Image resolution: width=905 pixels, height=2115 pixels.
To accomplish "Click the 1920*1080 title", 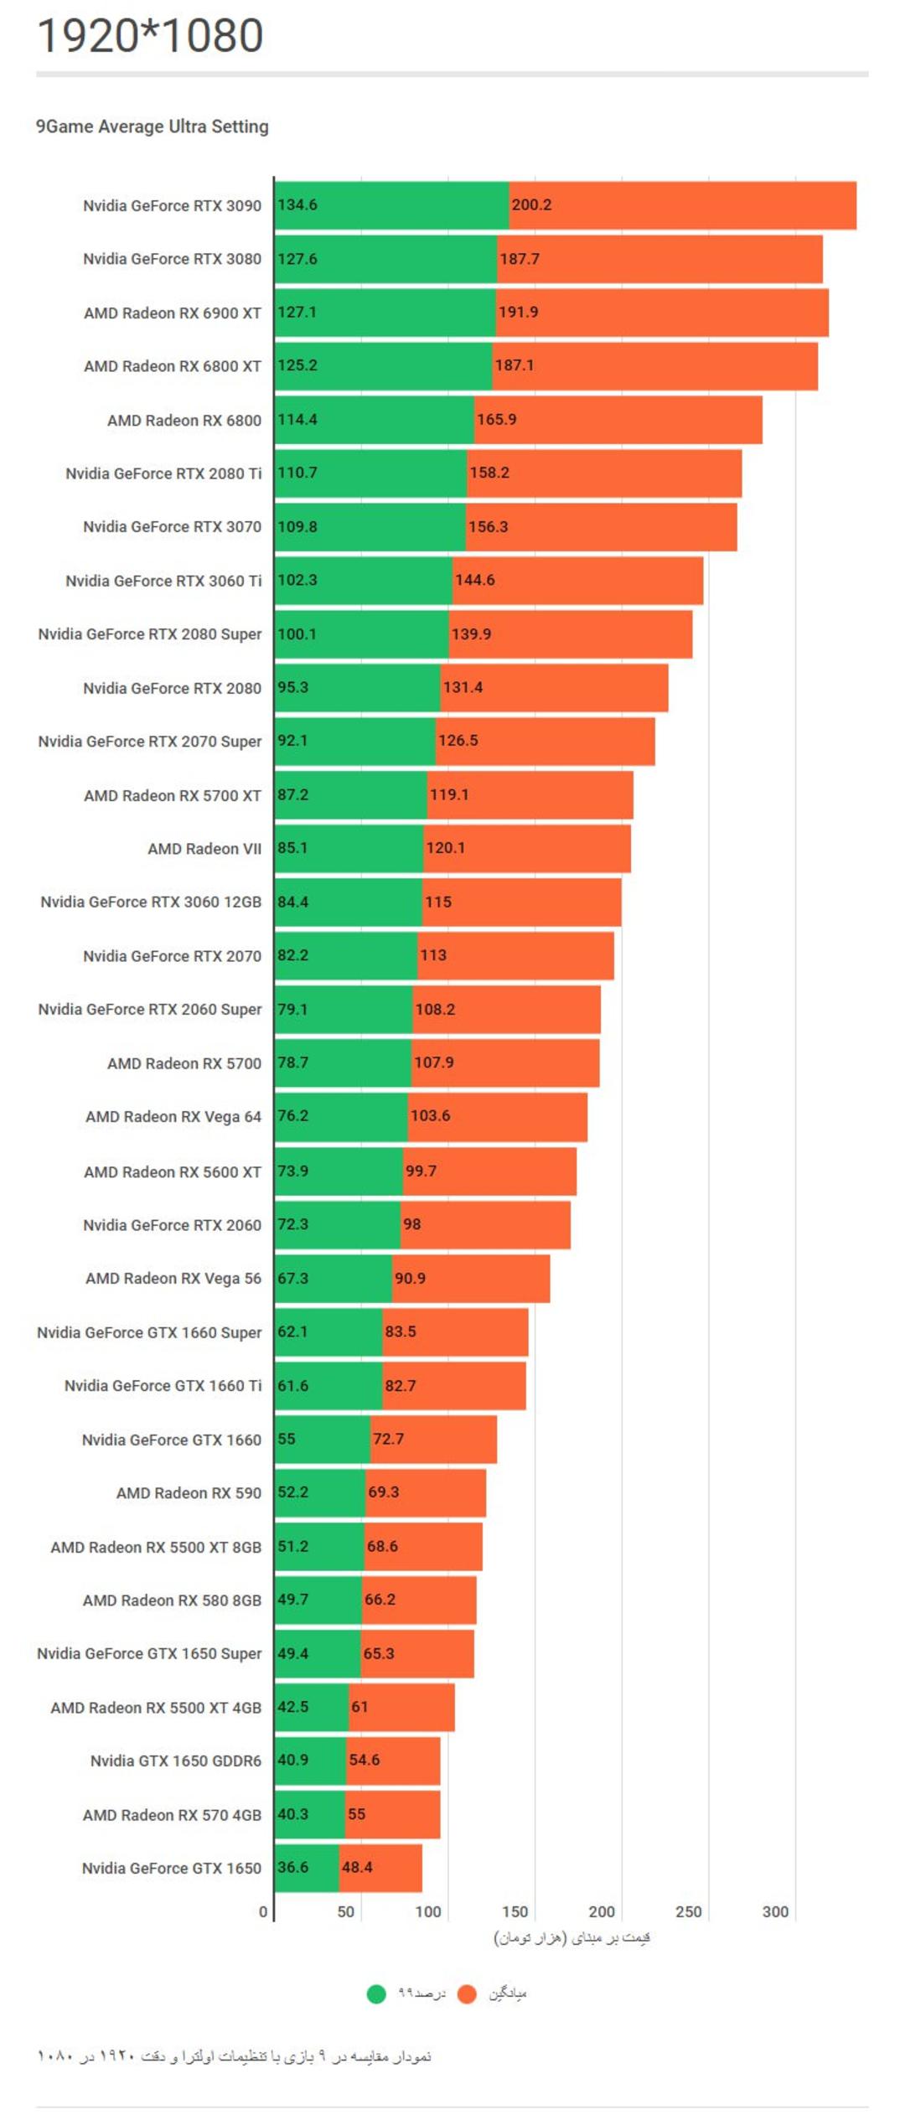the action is point(151,35).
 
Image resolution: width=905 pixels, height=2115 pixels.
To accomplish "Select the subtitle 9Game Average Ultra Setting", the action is point(153,127).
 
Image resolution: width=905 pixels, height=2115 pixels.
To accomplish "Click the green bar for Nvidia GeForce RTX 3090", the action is point(392,205).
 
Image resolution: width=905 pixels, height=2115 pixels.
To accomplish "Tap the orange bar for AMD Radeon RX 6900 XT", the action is point(662,313).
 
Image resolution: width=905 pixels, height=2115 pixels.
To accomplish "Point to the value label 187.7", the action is point(520,259).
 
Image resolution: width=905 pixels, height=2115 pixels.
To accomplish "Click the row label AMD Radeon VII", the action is point(204,849).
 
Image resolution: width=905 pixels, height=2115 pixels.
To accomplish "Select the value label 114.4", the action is point(297,420).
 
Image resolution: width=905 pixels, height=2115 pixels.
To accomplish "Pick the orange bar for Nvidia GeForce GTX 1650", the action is point(380,1868).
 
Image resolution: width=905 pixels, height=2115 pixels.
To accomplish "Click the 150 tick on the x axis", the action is point(515,1911).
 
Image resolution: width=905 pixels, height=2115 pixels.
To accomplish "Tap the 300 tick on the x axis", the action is point(775,1911).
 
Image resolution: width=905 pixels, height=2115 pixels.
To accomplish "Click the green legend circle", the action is point(376,1994).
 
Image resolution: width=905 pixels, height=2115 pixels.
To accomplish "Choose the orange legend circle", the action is point(467,1994).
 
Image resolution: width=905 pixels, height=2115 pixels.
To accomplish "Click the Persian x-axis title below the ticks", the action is point(572,1938).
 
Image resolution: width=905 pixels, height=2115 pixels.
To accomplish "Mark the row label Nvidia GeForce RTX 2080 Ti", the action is point(163,473).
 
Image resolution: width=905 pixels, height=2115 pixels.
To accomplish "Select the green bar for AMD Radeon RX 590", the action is point(320,1492).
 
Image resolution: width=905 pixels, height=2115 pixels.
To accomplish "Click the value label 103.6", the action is point(430,1116).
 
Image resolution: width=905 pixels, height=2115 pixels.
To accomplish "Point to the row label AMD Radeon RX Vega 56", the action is point(173,1279).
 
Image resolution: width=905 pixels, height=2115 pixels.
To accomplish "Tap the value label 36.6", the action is point(293,1868).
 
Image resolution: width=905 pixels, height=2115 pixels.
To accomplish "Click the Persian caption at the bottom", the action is point(235,2056).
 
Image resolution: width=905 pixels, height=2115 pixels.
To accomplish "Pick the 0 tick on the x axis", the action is point(263,1911).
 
